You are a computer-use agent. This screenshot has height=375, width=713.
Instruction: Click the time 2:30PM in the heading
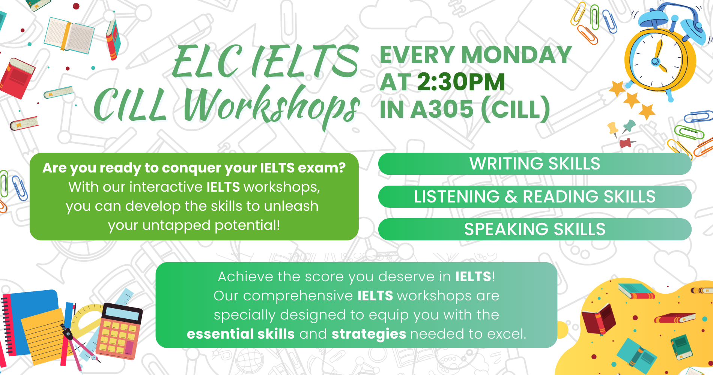461,82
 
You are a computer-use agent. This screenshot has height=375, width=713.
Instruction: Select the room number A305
442,109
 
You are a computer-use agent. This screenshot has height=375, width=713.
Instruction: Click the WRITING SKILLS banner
535,164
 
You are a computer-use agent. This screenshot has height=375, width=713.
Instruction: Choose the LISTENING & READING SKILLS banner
535,196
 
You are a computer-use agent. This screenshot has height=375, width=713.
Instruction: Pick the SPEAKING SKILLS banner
535,229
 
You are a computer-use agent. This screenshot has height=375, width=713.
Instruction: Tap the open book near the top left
69,35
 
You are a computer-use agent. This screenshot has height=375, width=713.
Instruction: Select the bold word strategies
369,334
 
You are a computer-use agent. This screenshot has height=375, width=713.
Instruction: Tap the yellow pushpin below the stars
612,129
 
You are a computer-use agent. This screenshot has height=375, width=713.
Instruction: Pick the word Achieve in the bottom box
245,277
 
